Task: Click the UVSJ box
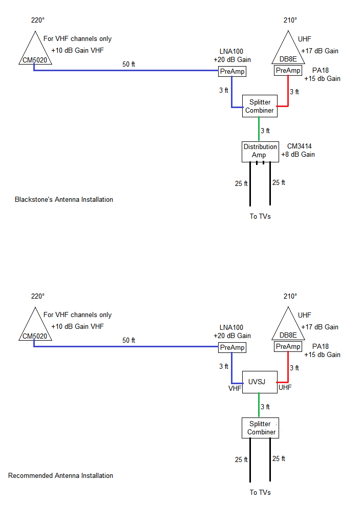click(x=259, y=382)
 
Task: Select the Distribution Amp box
click(x=260, y=151)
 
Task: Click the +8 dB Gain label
click(x=298, y=154)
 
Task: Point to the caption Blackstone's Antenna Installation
click(x=64, y=199)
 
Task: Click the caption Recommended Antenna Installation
click(x=60, y=475)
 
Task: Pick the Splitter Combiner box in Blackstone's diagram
click(x=260, y=106)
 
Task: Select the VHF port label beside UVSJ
click(x=235, y=388)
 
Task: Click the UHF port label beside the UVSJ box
click(x=285, y=388)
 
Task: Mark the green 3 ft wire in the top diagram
click(x=259, y=129)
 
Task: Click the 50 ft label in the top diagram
click(x=129, y=64)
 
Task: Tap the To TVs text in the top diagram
click(x=260, y=216)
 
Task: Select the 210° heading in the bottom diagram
click(x=290, y=296)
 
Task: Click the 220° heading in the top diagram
click(x=38, y=20)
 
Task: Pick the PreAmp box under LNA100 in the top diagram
click(x=232, y=72)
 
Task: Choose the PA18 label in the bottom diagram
click(x=320, y=346)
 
